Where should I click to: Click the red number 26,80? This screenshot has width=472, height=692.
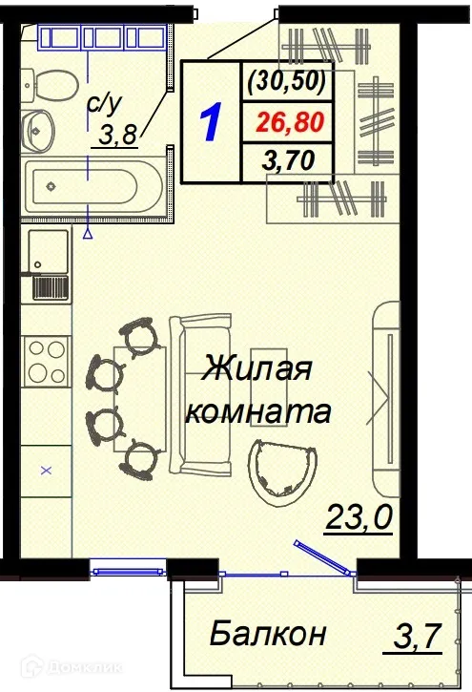[x=291, y=121]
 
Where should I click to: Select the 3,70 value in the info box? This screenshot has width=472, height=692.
[x=291, y=159]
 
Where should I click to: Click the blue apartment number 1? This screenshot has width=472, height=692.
[x=212, y=121]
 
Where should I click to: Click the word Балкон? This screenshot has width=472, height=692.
[x=268, y=632]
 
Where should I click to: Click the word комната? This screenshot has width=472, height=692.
[x=258, y=413]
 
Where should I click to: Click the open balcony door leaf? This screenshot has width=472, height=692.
[x=320, y=557]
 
